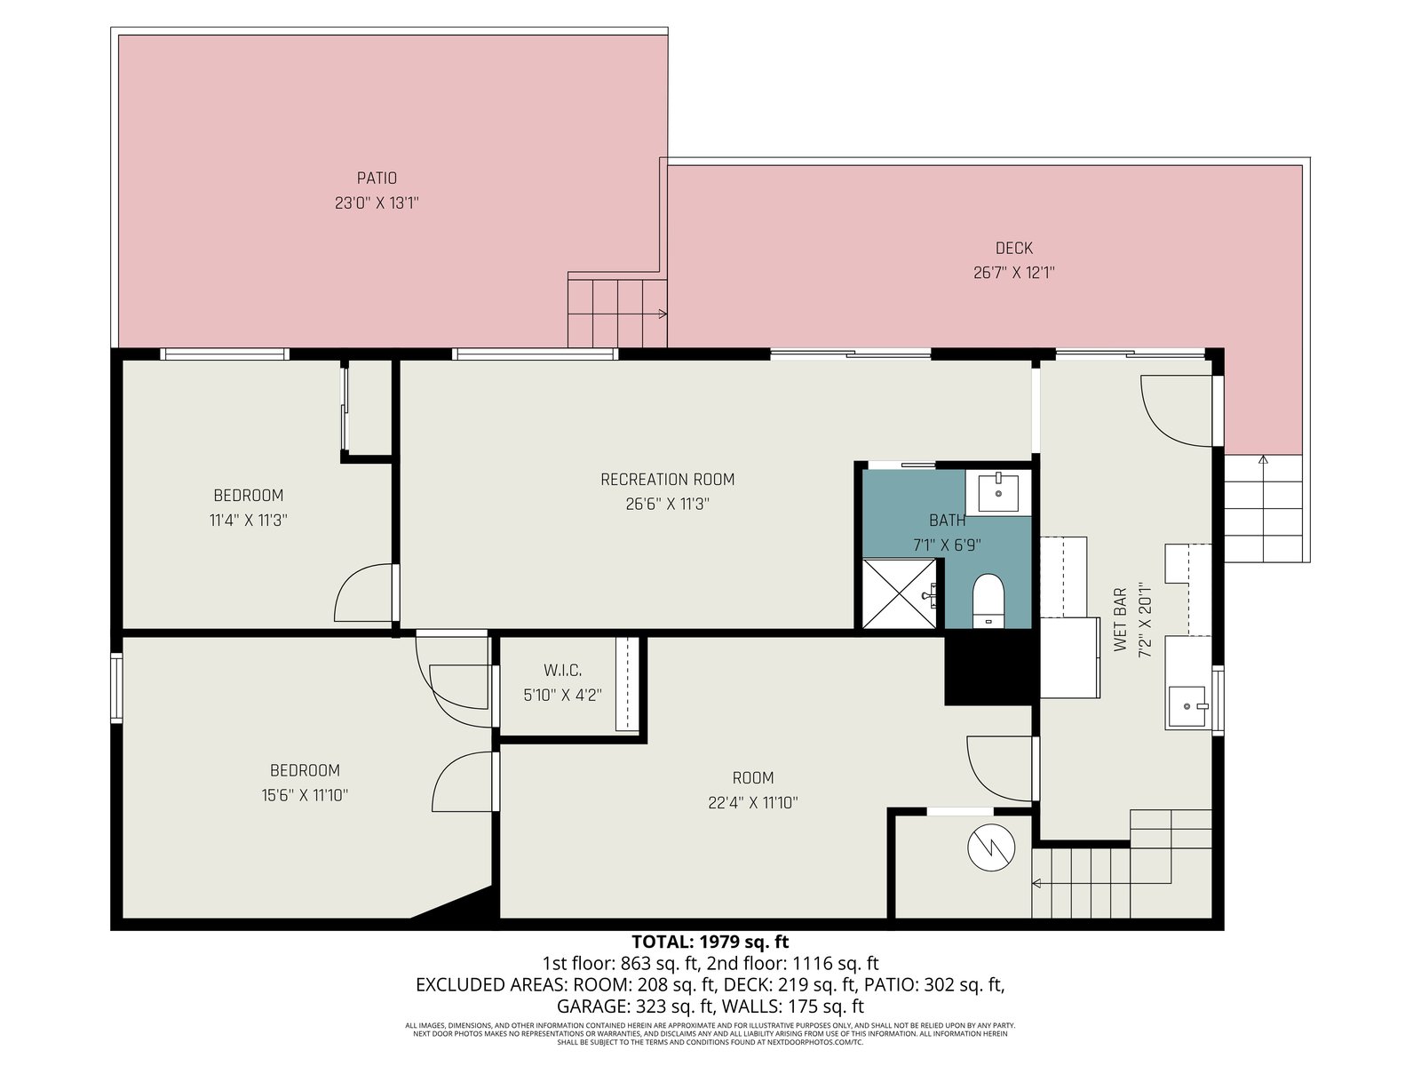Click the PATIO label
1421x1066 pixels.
point(377,178)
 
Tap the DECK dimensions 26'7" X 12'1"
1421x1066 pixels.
point(1014,273)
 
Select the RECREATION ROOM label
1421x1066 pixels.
point(668,480)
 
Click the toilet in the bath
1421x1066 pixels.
point(988,600)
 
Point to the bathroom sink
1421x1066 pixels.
point(998,492)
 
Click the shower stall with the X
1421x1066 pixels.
point(899,593)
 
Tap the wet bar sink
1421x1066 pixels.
point(1188,707)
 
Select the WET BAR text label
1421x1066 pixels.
point(1121,619)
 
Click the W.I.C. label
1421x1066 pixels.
point(562,670)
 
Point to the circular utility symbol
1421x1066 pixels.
point(991,847)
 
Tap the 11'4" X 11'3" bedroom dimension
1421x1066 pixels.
point(248,520)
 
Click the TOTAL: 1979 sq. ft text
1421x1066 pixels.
point(710,942)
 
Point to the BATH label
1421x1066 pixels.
point(947,520)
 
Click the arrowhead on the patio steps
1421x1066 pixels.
point(663,314)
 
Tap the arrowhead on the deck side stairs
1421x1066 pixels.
point(1263,459)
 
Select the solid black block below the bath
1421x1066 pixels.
point(988,667)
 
